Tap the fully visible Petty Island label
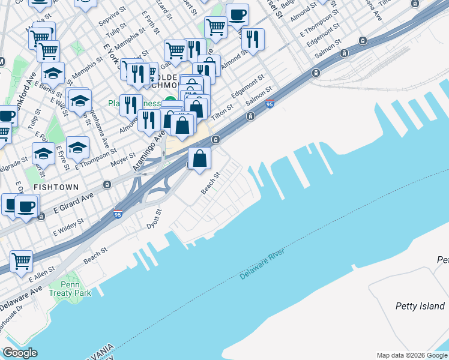[420, 306]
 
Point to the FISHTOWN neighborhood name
[56, 187]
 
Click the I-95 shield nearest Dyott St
[118, 213]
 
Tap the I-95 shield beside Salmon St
[270, 104]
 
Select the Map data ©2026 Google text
[412, 355]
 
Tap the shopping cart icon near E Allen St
[22, 261]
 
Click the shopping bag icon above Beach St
[200, 159]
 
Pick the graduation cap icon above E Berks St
[53, 73]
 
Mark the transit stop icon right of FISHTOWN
[106, 184]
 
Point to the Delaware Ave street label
[20, 295]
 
